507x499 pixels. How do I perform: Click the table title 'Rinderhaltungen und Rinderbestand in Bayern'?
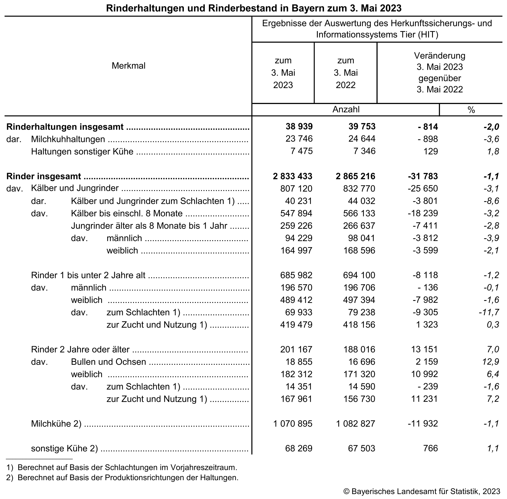(253, 8)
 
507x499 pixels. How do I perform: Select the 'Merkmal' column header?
(129, 66)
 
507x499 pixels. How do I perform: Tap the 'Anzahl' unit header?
(346, 109)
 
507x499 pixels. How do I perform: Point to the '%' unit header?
(471, 110)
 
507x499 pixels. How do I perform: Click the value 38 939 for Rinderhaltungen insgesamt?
(299, 127)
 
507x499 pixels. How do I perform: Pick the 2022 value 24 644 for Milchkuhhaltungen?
(362, 139)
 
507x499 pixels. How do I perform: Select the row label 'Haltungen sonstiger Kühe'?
(82, 152)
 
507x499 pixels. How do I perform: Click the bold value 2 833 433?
(292, 176)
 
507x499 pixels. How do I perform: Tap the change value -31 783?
(423, 176)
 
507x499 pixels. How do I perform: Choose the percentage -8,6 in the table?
(491, 201)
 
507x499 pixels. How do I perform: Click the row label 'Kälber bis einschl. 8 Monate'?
(127, 213)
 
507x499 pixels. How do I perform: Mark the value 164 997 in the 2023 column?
(296, 250)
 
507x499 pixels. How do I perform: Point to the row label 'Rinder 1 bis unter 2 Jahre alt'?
(88, 275)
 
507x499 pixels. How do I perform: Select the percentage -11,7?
(489, 312)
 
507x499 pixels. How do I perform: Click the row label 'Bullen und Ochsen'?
(108, 362)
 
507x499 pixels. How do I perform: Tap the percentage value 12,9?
(491, 362)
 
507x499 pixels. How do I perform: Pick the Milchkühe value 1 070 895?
(293, 424)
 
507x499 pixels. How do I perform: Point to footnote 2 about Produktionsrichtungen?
(122, 478)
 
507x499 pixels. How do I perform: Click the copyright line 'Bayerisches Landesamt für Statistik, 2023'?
(422, 491)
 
